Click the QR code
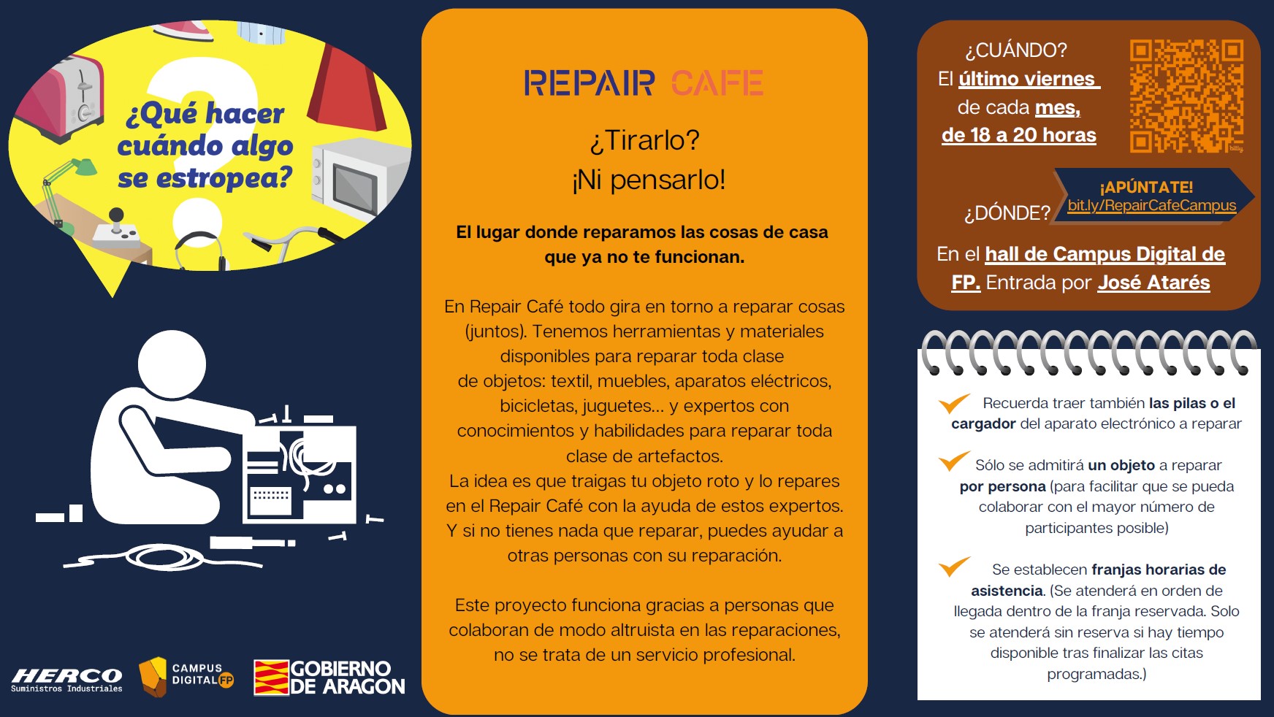click(1186, 96)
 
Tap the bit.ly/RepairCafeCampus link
click(1152, 206)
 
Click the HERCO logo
click(66, 679)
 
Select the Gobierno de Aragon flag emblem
click(271, 678)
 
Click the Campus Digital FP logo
click(186, 676)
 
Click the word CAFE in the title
click(717, 83)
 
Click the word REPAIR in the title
click(589, 83)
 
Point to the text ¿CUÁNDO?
click(1015, 50)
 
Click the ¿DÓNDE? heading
click(1007, 213)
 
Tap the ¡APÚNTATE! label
click(1146, 187)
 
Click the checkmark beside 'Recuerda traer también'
click(954, 403)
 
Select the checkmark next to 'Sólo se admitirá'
click(954, 461)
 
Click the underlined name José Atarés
click(1153, 283)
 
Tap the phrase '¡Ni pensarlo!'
click(649, 180)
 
